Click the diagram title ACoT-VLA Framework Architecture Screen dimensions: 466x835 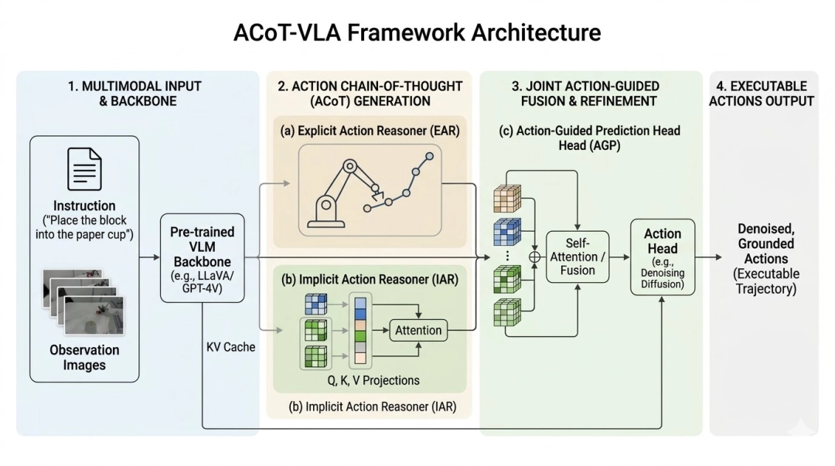pos(417,32)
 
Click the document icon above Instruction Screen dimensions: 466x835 pos(84,169)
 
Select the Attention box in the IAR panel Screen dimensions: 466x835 pos(418,330)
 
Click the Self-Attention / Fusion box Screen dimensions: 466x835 pos(578,257)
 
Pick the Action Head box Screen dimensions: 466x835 pos(663,257)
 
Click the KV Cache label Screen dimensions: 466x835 pos(230,347)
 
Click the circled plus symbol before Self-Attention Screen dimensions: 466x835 pos(533,256)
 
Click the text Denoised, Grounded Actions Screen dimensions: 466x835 pos(765,243)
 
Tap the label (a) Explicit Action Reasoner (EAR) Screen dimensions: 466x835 pos(370,131)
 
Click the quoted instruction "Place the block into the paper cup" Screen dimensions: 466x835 pos(84,226)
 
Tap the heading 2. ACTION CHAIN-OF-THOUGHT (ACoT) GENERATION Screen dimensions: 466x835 pos(370,94)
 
